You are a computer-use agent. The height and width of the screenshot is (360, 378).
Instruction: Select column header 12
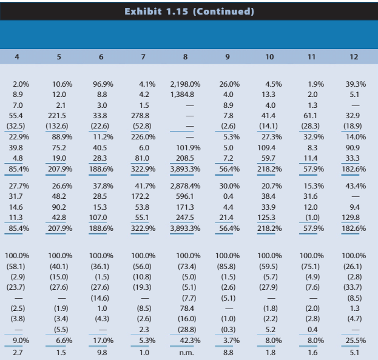pyautogui.click(x=354, y=57)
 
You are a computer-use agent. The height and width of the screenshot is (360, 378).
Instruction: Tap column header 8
pyautogui.click(x=185, y=57)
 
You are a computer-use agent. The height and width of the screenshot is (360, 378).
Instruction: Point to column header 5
pyautogui.click(x=59, y=57)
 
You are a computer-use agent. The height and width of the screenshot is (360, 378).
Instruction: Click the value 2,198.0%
pyautogui.click(x=184, y=84)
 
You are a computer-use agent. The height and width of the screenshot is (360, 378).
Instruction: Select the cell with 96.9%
pyautogui.click(x=102, y=84)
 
